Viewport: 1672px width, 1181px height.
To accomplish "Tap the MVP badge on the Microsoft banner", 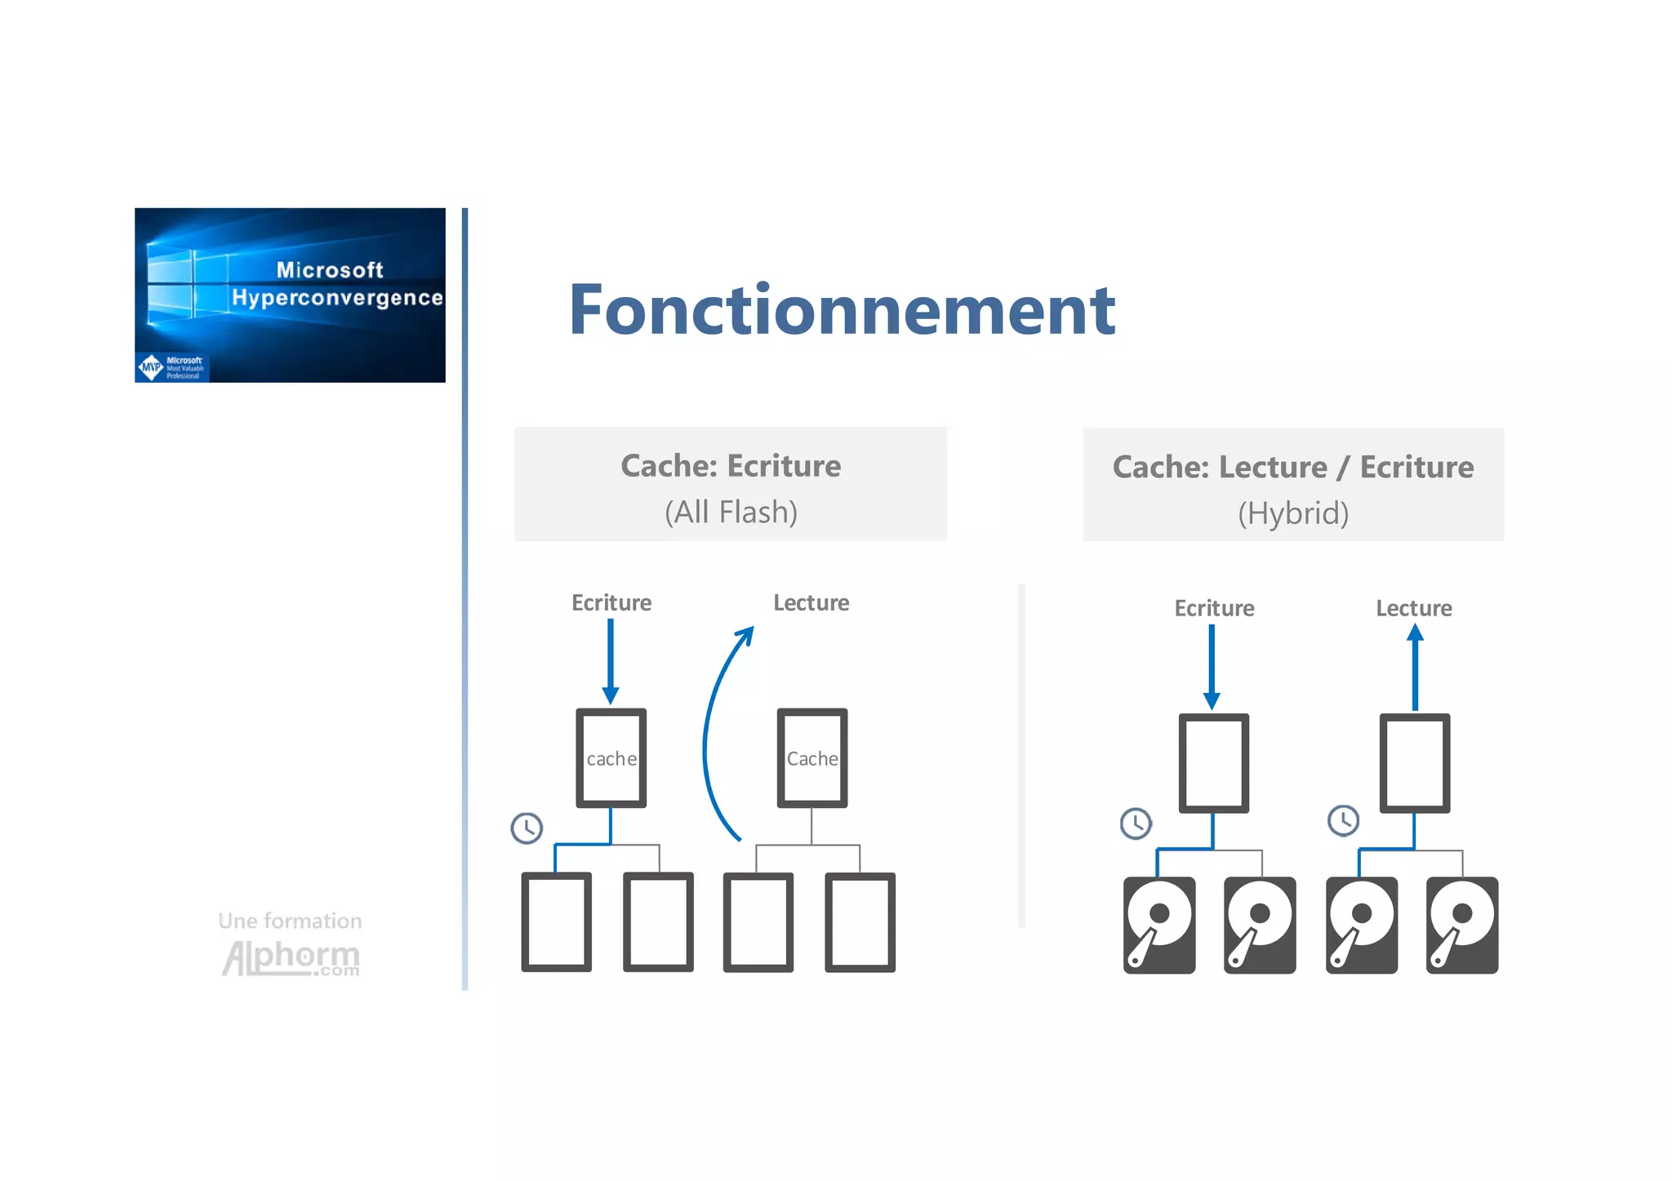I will tap(151, 367).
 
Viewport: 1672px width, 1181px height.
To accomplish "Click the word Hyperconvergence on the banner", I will tap(337, 298).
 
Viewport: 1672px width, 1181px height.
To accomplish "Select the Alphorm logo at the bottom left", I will tap(291, 957).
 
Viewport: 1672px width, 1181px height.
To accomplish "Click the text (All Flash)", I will tap(731, 513).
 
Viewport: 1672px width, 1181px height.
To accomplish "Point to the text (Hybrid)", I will tap(1293, 513).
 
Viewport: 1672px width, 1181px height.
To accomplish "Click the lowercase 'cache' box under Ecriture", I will tap(611, 758).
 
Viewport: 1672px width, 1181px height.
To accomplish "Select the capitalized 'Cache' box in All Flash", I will tap(812, 758).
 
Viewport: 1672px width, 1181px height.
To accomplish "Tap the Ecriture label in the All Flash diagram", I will tap(611, 603).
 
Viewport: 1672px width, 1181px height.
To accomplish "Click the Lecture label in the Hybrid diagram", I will tap(1414, 608).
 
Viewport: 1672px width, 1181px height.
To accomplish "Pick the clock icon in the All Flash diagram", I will tap(527, 828).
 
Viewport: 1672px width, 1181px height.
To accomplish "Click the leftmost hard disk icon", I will tap(1159, 925).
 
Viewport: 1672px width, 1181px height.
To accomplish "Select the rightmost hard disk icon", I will tap(1462, 925).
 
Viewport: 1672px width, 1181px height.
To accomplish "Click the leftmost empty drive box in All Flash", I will tap(557, 922).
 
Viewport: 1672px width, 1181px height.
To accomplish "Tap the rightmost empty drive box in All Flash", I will tap(860, 922).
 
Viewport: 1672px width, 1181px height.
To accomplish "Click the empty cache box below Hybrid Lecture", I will tap(1415, 763).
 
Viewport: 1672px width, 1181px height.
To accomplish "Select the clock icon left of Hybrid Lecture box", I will tap(1344, 820).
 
